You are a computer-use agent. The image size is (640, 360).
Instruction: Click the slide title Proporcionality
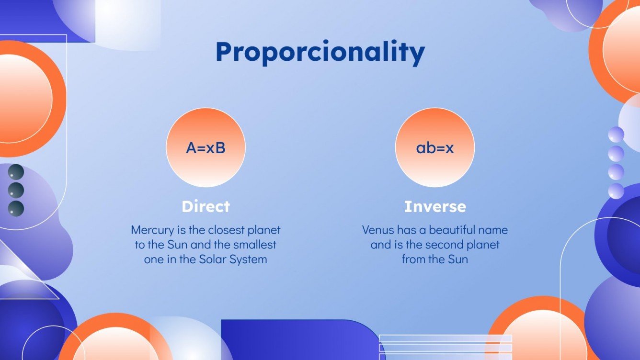click(x=320, y=52)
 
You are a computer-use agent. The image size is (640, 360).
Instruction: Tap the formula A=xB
click(x=206, y=148)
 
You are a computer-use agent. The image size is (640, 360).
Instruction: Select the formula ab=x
click(x=434, y=148)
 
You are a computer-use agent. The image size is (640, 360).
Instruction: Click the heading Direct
click(x=206, y=206)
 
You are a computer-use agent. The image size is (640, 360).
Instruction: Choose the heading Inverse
click(x=435, y=206)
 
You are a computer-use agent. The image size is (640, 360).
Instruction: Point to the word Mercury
click(x=150, y=230)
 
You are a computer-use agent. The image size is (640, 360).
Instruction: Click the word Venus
click(x=377, y=230)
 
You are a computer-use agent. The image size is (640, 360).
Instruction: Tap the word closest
click(x=226, y=230)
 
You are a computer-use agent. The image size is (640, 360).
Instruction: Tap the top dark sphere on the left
click(x=16, y=172)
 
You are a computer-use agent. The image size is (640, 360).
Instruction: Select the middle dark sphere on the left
click(x=16, y=190)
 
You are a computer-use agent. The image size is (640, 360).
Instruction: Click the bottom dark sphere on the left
click(x=16, y=208)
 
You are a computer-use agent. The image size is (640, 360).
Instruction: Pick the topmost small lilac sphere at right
click(x=616, y=134)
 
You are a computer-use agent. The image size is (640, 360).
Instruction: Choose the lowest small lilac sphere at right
click(x=616, y=191)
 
